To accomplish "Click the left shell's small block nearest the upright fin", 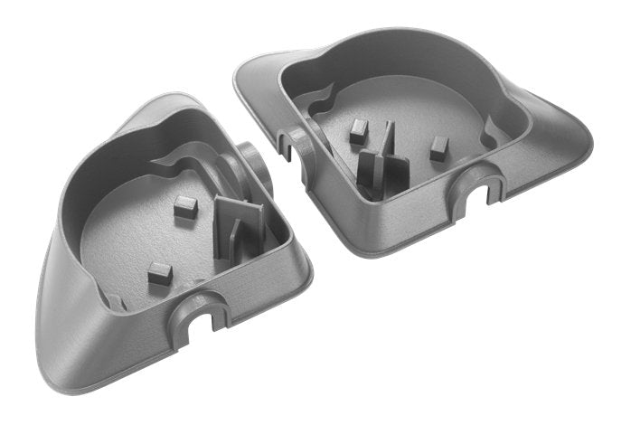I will (x=185, y=205).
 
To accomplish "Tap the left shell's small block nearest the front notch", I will (x=160, y=271).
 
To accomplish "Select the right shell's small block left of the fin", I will (x=358, y=135).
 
